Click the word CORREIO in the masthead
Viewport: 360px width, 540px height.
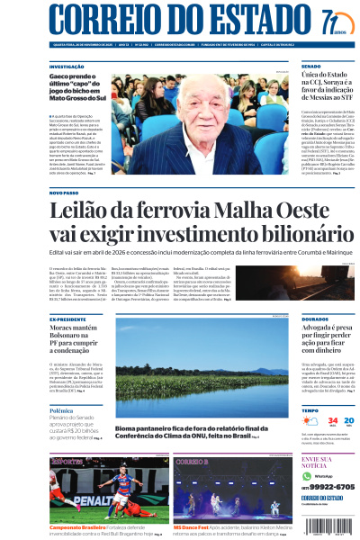click(x=102, y=20)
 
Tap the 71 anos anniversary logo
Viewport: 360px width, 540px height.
click(x=331, y=21)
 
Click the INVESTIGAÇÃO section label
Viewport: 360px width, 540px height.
click(x=67, y=67)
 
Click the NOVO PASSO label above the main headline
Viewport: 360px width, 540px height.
click(x=64, y=193)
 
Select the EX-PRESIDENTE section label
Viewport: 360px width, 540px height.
click(x=67, y=319)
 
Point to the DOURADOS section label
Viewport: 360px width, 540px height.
click(x=316, y=319)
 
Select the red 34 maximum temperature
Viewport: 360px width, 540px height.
click(x=332, y=420)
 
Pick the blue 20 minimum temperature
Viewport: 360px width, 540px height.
click(x=349, y=420)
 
